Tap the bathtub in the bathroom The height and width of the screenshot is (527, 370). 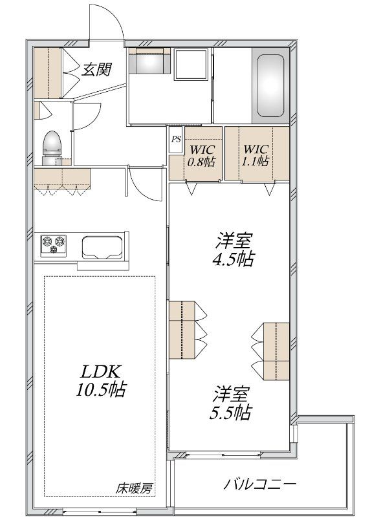point(270,86)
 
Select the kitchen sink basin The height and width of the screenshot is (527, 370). point(102,248)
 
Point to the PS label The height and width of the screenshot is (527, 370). point(176,139)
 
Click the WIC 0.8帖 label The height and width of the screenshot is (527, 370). point(202,155)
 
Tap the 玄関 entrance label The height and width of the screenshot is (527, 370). point(97,70)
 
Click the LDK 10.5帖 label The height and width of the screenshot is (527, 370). point(100,380)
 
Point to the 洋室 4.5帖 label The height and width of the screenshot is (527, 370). point(233,249)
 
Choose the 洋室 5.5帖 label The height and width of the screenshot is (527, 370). point(231,403)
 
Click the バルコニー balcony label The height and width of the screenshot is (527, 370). point(260,484)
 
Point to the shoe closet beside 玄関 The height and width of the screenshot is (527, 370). point(48,73)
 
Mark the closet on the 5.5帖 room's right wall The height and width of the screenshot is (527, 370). point(276,352)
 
